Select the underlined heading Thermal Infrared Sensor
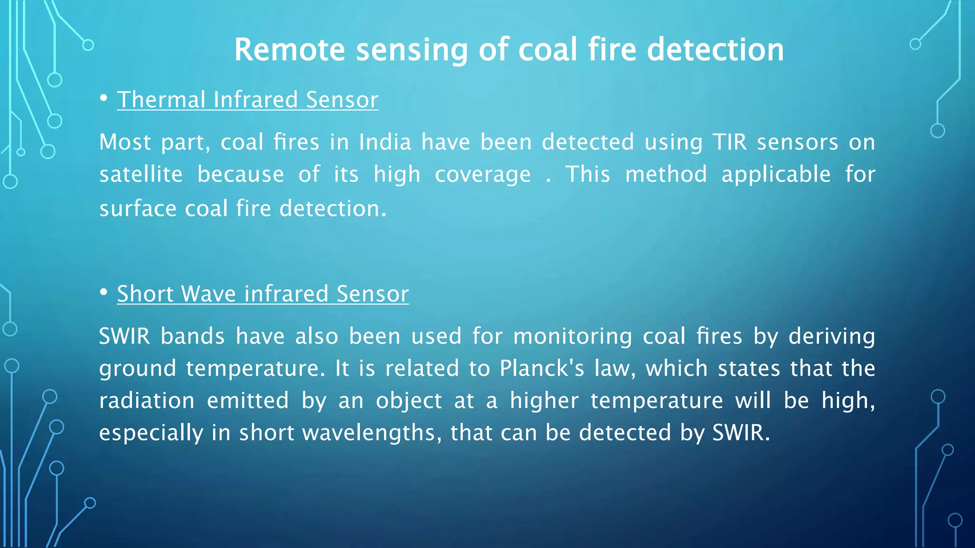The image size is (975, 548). pos(248,100)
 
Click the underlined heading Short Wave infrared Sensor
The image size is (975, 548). pos(263,294)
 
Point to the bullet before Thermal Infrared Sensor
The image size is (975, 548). pos(104,98)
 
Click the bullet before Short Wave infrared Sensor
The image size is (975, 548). pos(104,293)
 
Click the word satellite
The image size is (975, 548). pos(141,175)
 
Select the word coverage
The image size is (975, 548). pos(483,175)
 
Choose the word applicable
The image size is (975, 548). pos(776,175)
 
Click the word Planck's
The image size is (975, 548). pos(542,369)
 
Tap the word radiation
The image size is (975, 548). pos(147,401)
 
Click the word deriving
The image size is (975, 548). pos(832,337)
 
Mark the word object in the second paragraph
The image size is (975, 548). pos(409,401)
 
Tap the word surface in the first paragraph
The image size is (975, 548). pos(138,209)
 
